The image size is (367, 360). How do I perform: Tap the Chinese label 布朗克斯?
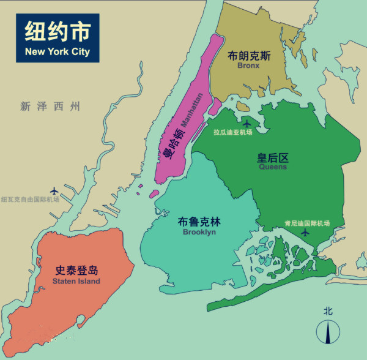point(249,56)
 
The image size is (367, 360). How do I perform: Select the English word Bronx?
point(249,66)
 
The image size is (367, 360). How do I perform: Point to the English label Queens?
point(273,167)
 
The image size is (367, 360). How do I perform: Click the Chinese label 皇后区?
point(273,157)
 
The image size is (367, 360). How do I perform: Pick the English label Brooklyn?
point(199,232)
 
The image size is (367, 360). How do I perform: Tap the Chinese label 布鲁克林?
point(199,222)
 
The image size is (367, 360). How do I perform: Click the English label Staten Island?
point(76,281)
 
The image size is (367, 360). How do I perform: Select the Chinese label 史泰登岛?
point(76,271)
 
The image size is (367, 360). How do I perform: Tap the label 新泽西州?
point(50,107)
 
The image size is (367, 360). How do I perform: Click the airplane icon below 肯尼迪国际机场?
point(306,233)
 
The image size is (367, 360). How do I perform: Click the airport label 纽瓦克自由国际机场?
point(30,200)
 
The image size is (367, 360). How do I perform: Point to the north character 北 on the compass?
point(328,311)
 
